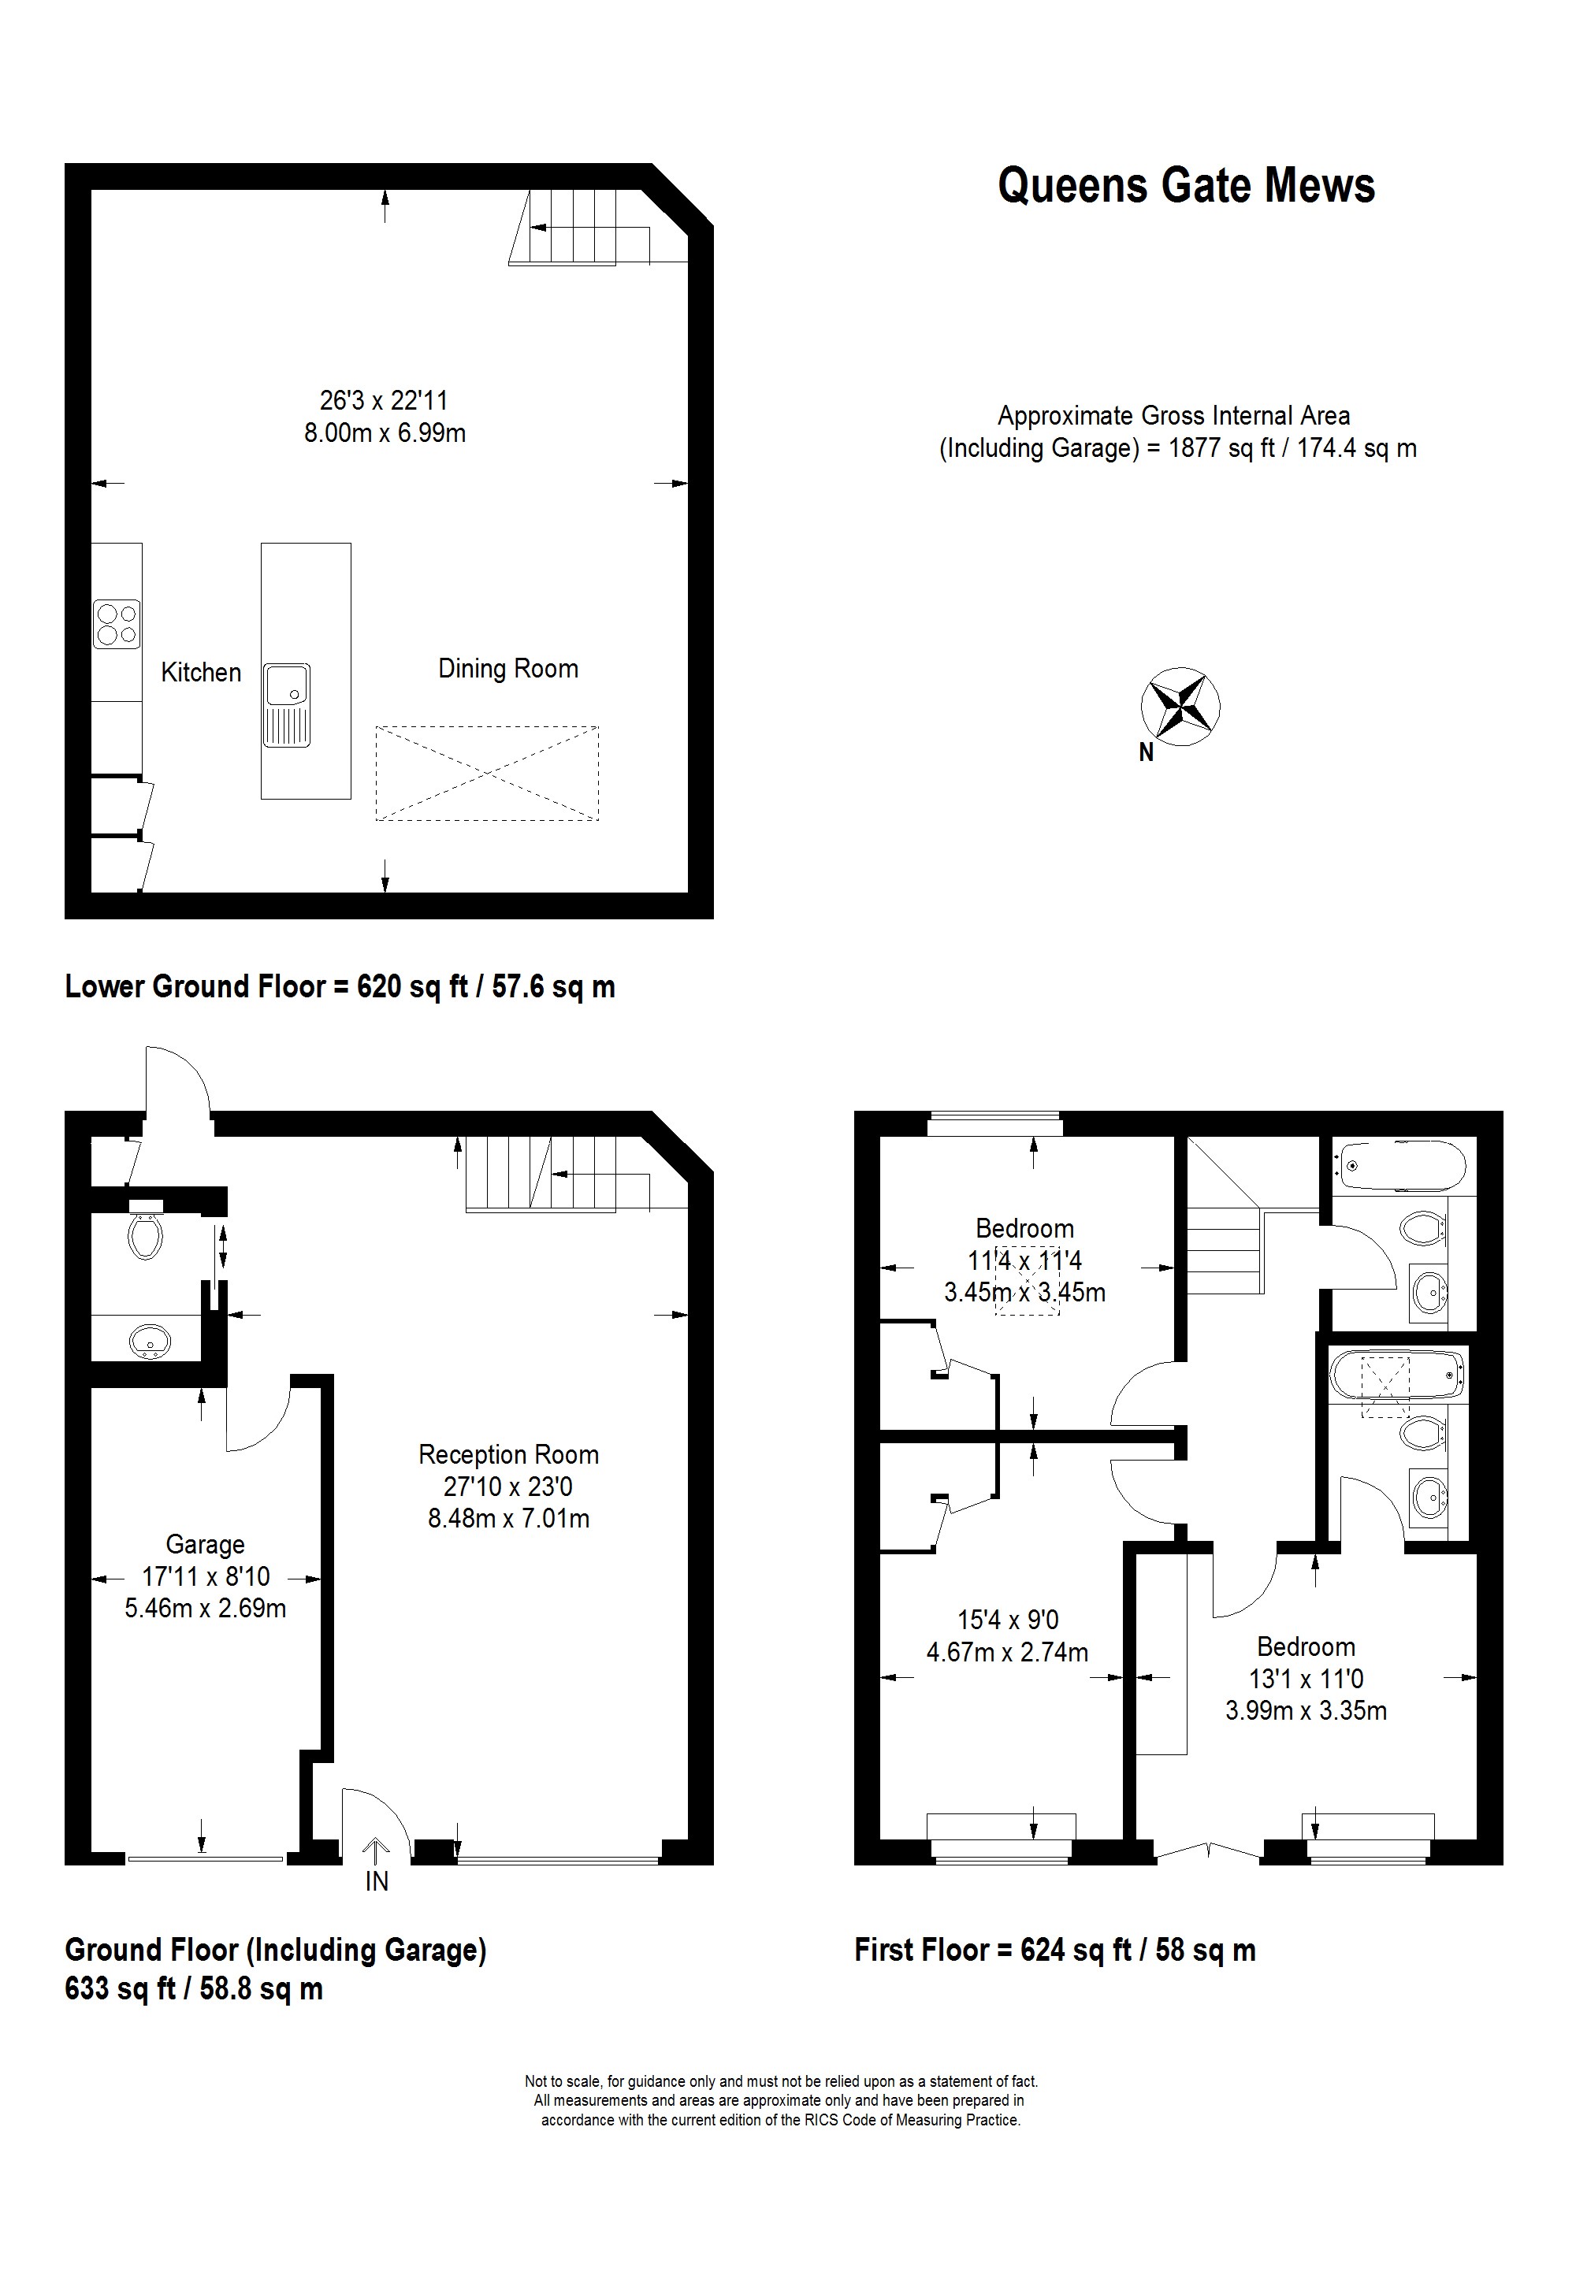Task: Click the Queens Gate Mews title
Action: [1186, 186]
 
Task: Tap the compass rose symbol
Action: [1180, 706]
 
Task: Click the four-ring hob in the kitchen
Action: [117, 624]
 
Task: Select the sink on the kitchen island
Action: [286, 703]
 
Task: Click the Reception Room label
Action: [508, 1454]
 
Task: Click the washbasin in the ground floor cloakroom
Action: [150, 1342]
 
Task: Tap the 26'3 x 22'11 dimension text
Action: [383, 401]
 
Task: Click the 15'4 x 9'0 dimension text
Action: [1007, 1620]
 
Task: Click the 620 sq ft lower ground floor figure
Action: [412, 986]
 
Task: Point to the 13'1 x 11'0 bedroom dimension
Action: [1306, 1679]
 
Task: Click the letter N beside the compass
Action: [1146, 752]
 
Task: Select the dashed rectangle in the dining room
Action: [487, 773]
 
